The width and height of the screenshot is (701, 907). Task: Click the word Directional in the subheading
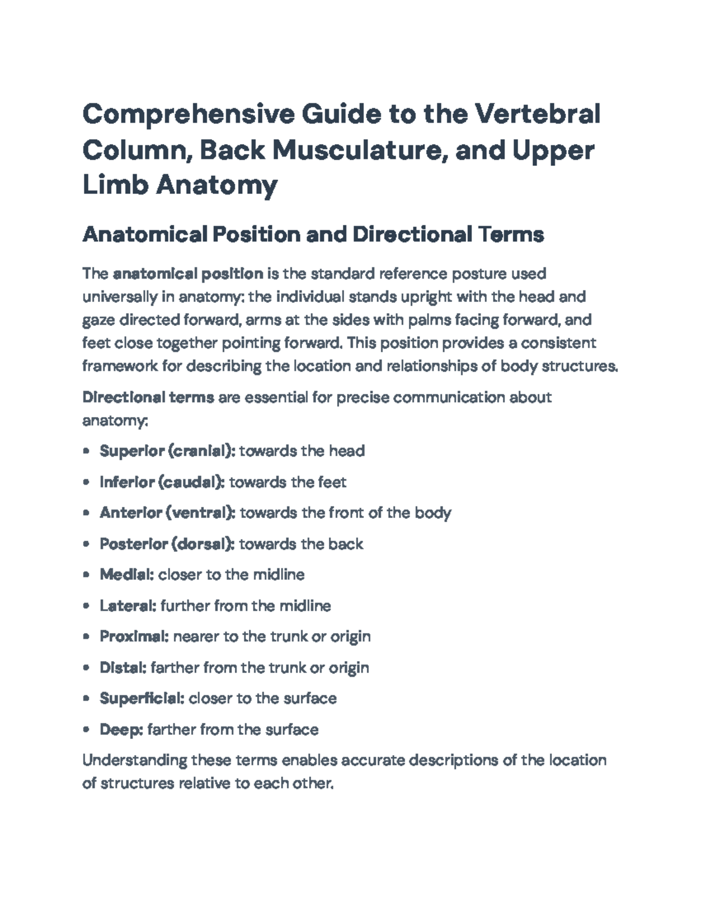[x=411, y=234]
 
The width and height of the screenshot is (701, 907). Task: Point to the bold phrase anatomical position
[x=188, y=273]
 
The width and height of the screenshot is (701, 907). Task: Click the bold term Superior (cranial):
[x=168, y=451]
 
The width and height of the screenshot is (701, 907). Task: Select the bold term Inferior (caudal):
[x=162, y=482]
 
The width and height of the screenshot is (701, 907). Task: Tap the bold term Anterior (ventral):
[x=168, y=513]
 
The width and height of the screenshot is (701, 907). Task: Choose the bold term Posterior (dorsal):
[x=167, y=544]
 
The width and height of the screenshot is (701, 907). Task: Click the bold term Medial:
[x=127, y=575]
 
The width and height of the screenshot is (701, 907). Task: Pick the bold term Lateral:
[x=128, y=606]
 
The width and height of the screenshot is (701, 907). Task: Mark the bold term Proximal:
[x=134, y=637]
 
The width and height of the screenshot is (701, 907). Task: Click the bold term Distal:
[x=123, y=668]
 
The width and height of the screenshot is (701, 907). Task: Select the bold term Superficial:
[x=143, y=699]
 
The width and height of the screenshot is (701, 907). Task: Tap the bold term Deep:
[x=122, y=729]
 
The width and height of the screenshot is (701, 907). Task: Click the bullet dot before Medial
[x=86, y=575]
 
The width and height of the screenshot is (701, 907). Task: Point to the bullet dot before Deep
[x=86, y=729]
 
